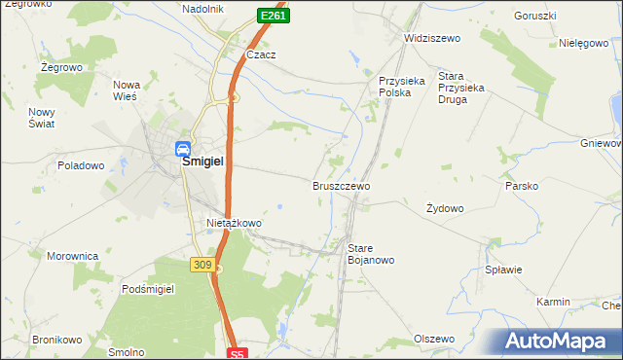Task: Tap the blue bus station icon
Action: pyautogui.click(x=182, y=149)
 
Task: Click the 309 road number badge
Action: pyautogui.click(x=202, y=265)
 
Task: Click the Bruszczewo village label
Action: pyautogui.click(x=341, y=185)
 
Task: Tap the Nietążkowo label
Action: pyautogui.click(x=234, y=223)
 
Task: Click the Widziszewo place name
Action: pyautogui.click(x=431, y=38)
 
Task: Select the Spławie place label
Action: pyautogui.click(x=503, y=270)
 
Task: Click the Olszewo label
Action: pyautogui.click(x=434, y=339)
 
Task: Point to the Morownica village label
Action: pyautogui.click(x=73, y=256)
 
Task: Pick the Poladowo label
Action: pyautogui.click(x=81, y=165)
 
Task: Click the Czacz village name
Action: pyautogui.click(x=261, y=55)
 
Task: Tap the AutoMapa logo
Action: pyautogui.click(x=560, y=342)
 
